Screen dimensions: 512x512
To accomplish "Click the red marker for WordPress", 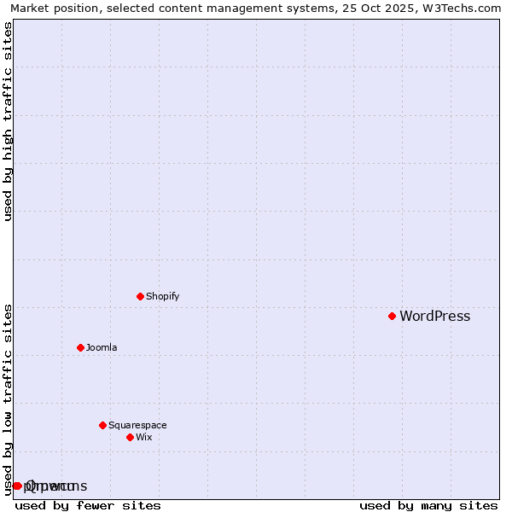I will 392,316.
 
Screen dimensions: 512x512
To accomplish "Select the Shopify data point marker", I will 140,296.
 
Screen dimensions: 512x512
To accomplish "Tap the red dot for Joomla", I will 80,347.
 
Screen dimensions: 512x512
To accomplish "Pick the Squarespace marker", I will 102,425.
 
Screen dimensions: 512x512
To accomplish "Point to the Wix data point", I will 130,437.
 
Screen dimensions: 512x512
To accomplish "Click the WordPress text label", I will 434,317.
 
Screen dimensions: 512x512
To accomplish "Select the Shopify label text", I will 162,297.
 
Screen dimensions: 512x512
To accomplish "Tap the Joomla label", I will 102,348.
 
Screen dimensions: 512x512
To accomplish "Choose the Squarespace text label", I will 137,426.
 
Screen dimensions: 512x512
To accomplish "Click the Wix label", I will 144,438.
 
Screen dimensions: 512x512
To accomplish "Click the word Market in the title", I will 31,9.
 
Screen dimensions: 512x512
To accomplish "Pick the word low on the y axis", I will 9,402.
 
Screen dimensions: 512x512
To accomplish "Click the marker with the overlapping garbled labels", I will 16,486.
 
